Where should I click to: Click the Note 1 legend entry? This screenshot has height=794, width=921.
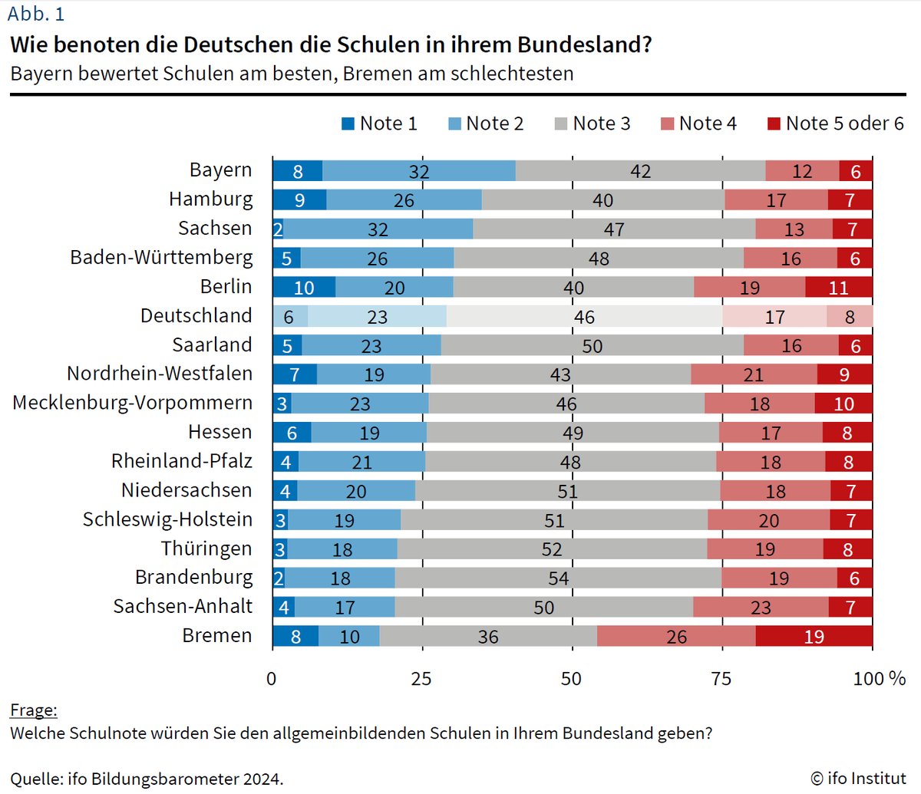coord(380,124)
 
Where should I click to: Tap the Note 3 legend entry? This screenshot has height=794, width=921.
coord(593,124)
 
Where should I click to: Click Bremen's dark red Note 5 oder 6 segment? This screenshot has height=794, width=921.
coord(814,636)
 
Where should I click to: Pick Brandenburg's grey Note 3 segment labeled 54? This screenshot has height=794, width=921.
coord(558,578)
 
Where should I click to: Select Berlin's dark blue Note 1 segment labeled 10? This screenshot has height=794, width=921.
coord(304,287)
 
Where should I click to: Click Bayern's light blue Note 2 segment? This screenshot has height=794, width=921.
coord(419,171)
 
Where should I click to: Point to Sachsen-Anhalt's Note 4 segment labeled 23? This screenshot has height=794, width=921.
coord(761,607)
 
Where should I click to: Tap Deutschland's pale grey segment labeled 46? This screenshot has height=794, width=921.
coord(584,316)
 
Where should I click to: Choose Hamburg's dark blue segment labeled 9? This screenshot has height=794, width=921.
coord(299,199)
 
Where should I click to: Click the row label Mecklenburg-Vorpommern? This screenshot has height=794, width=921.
coord(132,403)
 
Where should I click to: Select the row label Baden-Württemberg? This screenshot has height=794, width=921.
coord(161,257)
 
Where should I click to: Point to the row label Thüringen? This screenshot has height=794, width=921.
coord(206,549)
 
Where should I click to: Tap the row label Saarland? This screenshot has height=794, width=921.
coord(211,344)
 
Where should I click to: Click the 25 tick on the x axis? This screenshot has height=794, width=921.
coord(421,679)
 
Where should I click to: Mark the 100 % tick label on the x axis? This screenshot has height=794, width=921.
coord(879,679)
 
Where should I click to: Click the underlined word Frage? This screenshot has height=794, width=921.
coord(34,710)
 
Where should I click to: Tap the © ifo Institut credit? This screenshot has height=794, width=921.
coord(858,779)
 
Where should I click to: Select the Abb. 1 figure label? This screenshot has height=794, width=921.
coord(36,15)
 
